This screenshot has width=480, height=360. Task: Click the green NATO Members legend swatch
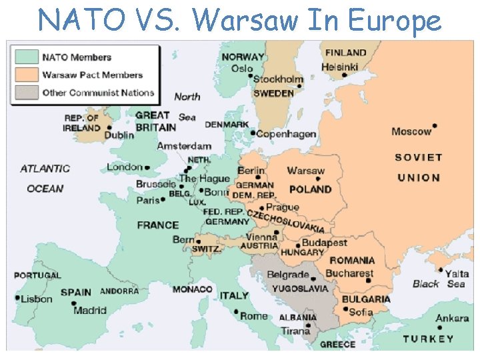pyautogui.click(x=27, y=57)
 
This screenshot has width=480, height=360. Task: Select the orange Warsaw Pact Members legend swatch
pyautogui.click(x=27, y=75)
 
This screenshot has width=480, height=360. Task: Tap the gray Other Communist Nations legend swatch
pyautogui.click(x=27, y=93)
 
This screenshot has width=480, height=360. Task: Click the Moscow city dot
pyautogui.click(x=435, y=125)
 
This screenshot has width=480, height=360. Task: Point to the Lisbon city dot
pyautogui.click(x=17, y=297)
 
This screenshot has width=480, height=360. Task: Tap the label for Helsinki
pyautogui.click(x=339, y=67)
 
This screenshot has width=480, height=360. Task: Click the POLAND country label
pyautogui.click(x=310, y=189)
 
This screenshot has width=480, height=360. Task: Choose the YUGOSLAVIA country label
pyautogui.click(x=300, y=289)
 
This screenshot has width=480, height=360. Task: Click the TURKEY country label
pyautogui.click(x=428, y=339)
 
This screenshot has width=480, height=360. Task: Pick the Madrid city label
pyautogui.click(x=90, y=310)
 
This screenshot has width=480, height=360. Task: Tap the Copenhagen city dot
pyautogui.click(x=253, y=132)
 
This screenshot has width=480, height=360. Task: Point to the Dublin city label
pyautogui.click(x=119, y=135)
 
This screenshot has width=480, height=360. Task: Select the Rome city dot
pyautogui.click(x=236, y=311)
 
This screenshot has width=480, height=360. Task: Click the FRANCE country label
pyautogui.click(x=158, y=225)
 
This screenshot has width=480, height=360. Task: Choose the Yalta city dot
pyautogui.click(x=440, y=270)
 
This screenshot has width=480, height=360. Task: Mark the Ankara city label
pyautogui.click(x=452, y=318)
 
